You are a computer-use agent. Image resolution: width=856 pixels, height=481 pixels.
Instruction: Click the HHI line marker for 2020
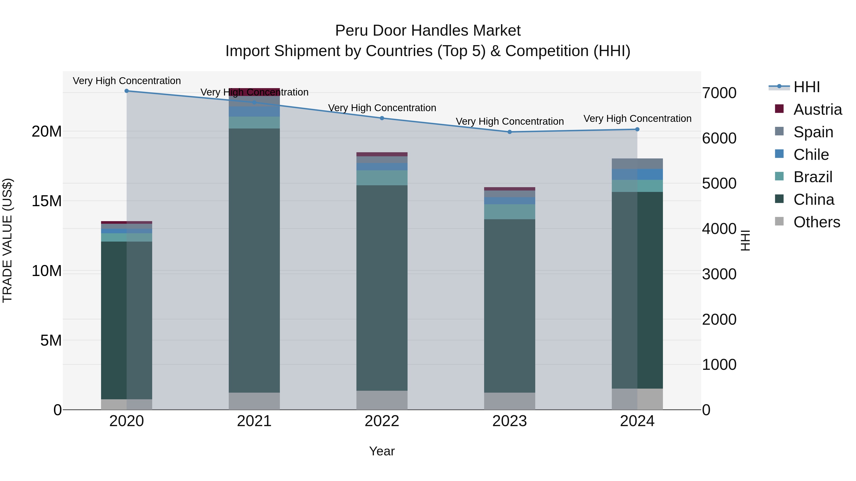(x=126, y=91)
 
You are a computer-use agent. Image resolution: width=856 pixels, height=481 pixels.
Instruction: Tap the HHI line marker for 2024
(x=637, y=129)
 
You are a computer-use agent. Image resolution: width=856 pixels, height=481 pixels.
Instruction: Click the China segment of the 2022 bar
(x=382, y=287)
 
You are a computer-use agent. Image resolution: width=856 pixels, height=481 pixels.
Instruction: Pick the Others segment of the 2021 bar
(x=254, y=401)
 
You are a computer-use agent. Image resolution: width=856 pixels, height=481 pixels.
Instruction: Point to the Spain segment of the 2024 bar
(x=637, y=164)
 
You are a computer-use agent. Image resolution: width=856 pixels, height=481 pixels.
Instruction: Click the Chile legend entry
(x=811, y=155)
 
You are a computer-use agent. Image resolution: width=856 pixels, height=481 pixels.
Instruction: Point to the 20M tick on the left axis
(x=47, y=131)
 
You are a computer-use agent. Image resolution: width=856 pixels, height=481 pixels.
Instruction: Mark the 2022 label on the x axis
(x=382, y=421)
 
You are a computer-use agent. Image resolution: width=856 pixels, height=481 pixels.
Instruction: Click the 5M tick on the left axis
(x=51, y=340)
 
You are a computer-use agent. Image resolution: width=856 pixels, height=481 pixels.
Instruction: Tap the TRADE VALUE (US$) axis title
(x=7, y=240)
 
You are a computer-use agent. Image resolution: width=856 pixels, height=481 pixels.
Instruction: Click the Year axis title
(x=382, y=451)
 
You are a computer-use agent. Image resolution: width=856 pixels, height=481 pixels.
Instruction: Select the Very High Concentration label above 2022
(x=382, y=108)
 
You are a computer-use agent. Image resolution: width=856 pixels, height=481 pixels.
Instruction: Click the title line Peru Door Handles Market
(x=428, y=31)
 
